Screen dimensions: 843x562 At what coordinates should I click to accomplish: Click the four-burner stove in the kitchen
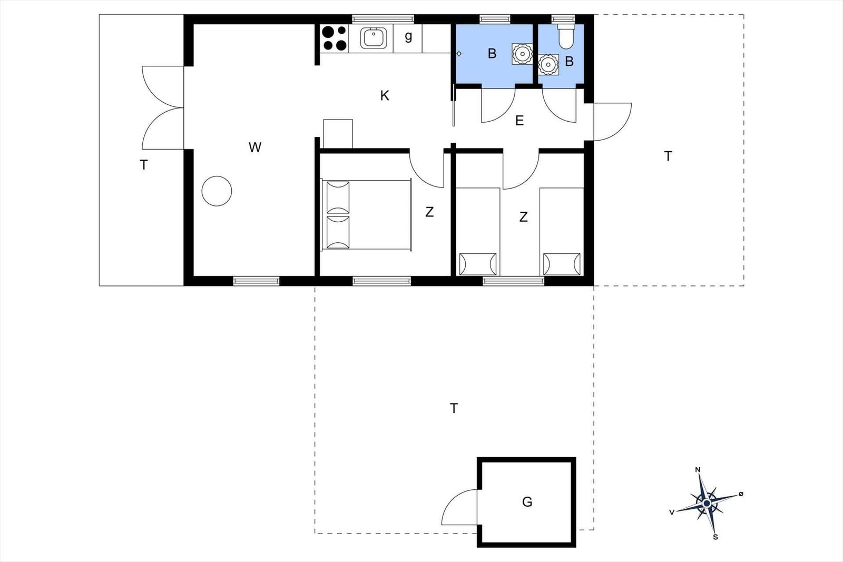tap(335, 38)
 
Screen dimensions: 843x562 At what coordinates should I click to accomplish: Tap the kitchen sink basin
tap(374, 38)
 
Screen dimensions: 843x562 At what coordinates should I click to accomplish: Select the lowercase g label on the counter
tap(408, 36)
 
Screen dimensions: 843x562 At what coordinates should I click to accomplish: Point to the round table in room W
tap(217, 191)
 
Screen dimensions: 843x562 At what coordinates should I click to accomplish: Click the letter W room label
tap(255, 147)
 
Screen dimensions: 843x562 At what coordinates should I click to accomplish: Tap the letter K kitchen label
tap(385, 96)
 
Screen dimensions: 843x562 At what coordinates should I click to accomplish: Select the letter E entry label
tap(519, 121)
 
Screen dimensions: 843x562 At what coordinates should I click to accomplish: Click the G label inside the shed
tap(527, 501)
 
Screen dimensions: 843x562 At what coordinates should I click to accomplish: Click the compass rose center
tap(707, 503)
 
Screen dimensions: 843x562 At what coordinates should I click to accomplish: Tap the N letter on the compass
tap(698, 469)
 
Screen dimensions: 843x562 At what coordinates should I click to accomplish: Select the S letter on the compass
tap(715, 537)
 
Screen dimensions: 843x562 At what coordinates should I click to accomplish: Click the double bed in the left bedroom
tap(366, 215)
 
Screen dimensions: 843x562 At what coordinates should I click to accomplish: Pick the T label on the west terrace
tap(143, 165)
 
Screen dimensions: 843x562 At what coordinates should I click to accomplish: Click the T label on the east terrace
tap(668, 156)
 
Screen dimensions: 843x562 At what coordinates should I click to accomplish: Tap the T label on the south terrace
tap(454, 408)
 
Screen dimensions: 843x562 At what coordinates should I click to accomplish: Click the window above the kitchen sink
tap(383, 19)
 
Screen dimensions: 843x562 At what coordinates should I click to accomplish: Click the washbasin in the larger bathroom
tap(522, 54)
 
